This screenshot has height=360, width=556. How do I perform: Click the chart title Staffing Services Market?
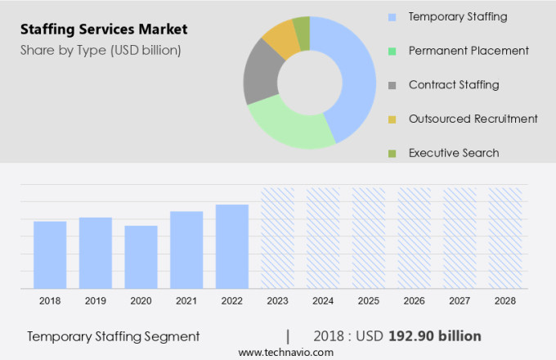tap(103, 29)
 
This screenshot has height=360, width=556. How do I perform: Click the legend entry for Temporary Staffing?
tap(457, 16)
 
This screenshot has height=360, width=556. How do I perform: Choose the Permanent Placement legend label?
tap(469, 51)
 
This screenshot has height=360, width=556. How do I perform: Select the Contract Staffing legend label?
tap(453, 84)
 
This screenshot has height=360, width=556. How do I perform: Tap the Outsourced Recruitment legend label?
tap(473, 119)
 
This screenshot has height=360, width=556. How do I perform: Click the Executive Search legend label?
tap(453, 153)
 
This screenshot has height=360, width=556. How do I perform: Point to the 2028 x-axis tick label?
tap(504, 301)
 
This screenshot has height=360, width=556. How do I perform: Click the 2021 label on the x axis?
tap(186, 301)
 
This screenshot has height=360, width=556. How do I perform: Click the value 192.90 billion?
tap(441, 336)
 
